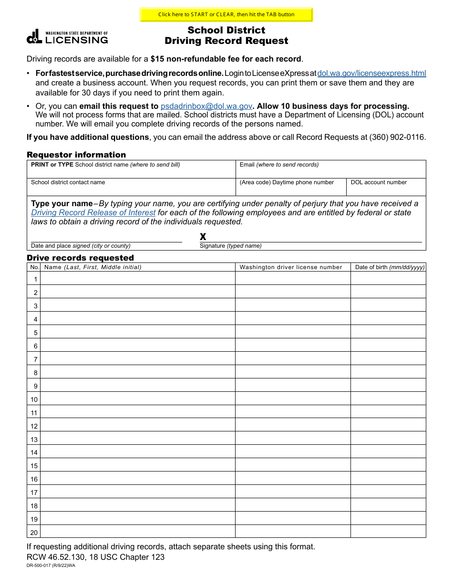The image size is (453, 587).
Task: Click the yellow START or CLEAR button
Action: click(226, 14)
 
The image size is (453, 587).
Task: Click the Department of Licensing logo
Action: click(67, 37)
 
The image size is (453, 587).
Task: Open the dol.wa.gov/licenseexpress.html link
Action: click(371, 73)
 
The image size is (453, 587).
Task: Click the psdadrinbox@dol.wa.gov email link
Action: click(206, 106)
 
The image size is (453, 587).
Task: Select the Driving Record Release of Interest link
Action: click(93, 212)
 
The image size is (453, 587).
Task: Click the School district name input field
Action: click(131, 172)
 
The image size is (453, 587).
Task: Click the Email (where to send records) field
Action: click(330, 172)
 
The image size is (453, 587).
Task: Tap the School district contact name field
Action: click(131, 189)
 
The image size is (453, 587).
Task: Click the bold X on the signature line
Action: click(203, 237)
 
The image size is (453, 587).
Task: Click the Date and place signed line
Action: click(106, 237)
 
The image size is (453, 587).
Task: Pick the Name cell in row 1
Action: click(138, 278)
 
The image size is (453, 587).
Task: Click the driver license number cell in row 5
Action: click(293, 332)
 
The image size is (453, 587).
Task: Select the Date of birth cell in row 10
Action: click(388, 398)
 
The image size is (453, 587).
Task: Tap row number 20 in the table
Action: click(34, 532)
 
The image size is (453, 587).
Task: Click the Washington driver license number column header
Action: click(291, 267)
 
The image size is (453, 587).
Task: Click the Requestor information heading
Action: click(76, 155)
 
